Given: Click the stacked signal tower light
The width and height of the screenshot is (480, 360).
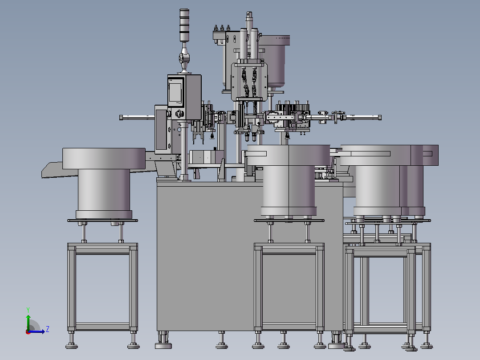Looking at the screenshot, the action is click(184, 25).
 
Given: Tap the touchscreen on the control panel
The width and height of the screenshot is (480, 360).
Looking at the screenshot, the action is click(175, 92).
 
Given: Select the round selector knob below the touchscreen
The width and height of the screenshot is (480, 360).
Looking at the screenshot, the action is click(180, 114).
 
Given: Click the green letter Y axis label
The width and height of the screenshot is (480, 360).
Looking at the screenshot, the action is click(28, 310).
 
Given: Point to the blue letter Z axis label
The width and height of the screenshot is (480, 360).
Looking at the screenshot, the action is click(48, 329).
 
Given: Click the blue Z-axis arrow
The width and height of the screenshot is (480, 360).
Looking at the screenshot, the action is click(37, 331).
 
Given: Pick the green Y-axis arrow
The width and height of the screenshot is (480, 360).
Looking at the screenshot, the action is click(28, 323).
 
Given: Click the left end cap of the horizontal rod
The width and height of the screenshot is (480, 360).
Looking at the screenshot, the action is click(121, 117).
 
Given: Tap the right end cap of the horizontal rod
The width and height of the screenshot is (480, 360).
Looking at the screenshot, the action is click(379, 117).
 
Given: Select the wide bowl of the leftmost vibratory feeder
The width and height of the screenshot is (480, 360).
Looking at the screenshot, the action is click(104, 159).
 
